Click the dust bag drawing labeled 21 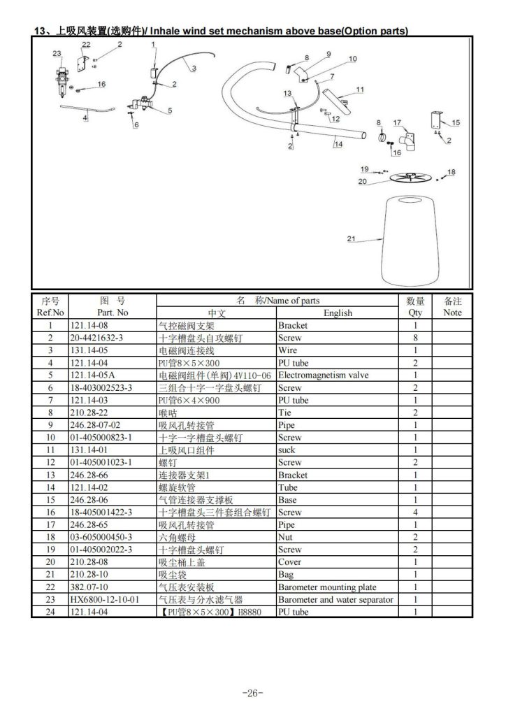tap(410, 241)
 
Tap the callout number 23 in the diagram tap(57, 53)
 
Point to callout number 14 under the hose tap(338, 144)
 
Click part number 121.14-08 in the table tap(89, 326)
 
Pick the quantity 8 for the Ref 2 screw tap(415, 338)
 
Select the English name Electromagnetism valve tap(324, 375)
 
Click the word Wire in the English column tap(287, 350)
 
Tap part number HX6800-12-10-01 tap(105, 599)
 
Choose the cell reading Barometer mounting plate tap(327, 587)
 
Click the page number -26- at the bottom tap(253, 693)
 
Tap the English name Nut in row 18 tap(285, 537)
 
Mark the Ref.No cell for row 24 tap(50, 612)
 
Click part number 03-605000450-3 tap(101, 537)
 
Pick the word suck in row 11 tap(287, 450)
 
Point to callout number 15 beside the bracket tap(456, 122)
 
